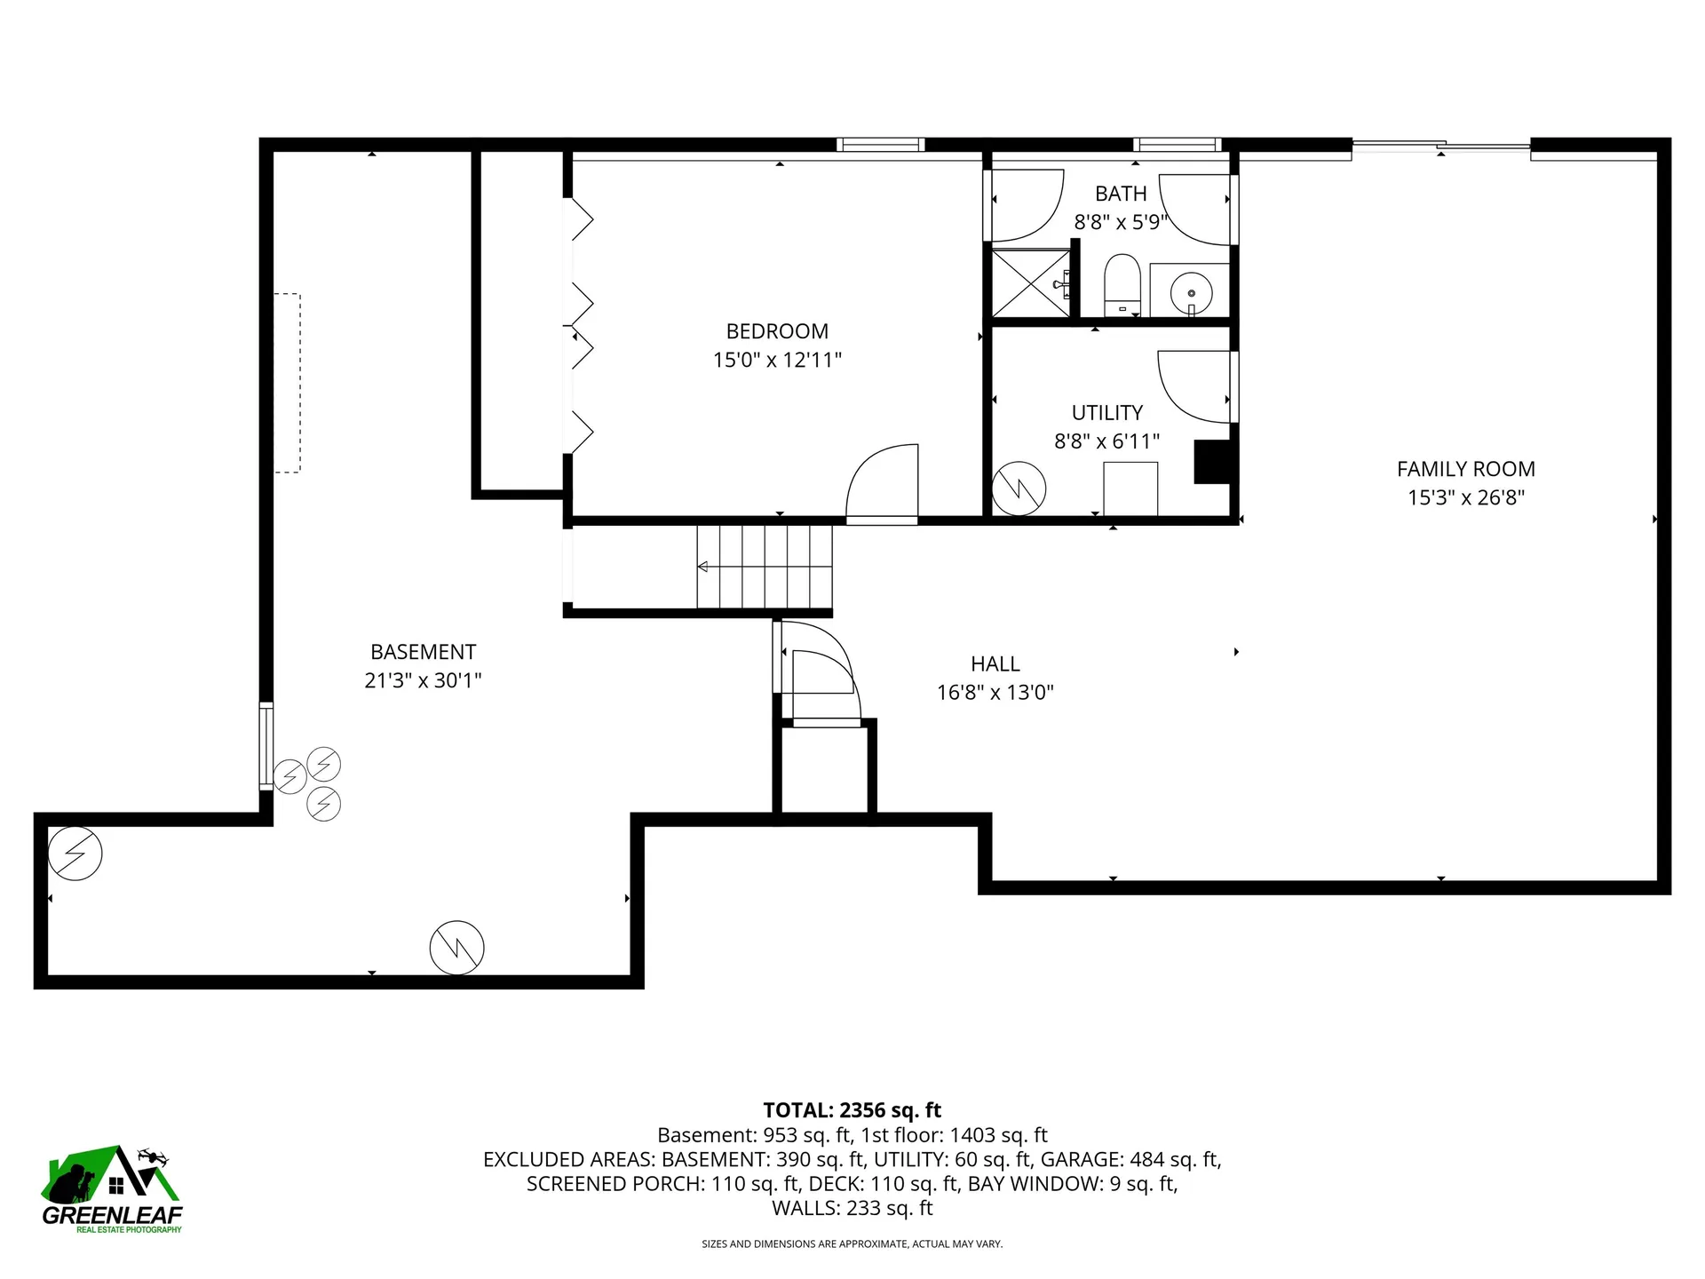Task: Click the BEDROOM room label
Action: tap(777, 331)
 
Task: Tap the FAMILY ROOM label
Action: tap(1465, 469)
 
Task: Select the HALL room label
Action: tap(995, 664)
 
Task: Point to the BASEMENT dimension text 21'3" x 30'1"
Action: tap(423, 680)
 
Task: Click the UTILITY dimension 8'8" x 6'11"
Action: tap(1106, 441)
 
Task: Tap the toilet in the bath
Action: tap(1122, 284)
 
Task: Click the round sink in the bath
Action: tap(1191, 291)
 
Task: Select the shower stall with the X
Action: tap(1031, 283)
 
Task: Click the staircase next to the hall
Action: tap(765, 567)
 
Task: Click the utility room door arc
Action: tap(1172, 400)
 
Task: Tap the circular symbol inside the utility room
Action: tap(1019, 489)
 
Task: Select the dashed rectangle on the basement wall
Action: tap(288, 383)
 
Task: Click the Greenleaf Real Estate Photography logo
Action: tap(112, 1190)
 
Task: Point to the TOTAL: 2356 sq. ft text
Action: tap(852, 1110)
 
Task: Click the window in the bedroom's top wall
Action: tap(880, 145)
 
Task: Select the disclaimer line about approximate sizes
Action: tap(852, 1244)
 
